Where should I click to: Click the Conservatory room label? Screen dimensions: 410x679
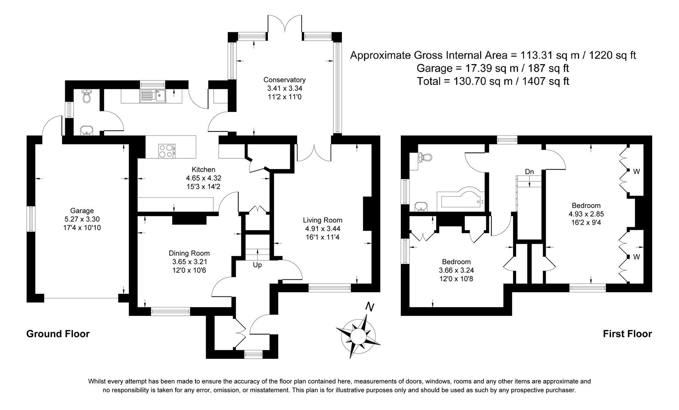(284, 80)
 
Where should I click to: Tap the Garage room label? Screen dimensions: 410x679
(82, 211)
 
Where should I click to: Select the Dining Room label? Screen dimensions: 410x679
(189, 253)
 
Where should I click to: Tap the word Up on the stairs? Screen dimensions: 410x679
(257, 265)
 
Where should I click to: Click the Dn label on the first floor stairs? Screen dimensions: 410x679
(529, 172)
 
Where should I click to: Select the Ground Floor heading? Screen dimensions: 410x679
(58, 334)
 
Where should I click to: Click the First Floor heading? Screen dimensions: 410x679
(627, 334)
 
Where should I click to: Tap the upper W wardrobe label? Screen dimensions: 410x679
(636, 172)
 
